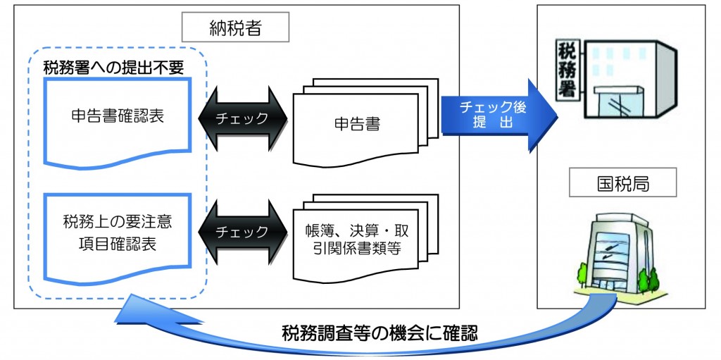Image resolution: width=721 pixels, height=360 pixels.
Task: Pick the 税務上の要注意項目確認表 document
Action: point(117,232)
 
